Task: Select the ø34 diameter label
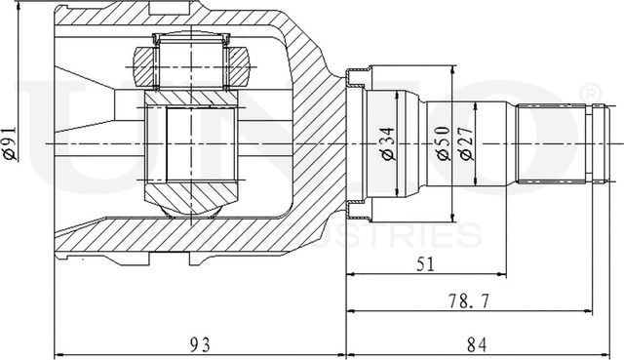[388, 144]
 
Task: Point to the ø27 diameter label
[466, 144]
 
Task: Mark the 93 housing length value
[200, 342]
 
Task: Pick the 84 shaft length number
[478, 342]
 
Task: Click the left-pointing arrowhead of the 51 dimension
[351, 275]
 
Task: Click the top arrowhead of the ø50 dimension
[454, 70]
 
